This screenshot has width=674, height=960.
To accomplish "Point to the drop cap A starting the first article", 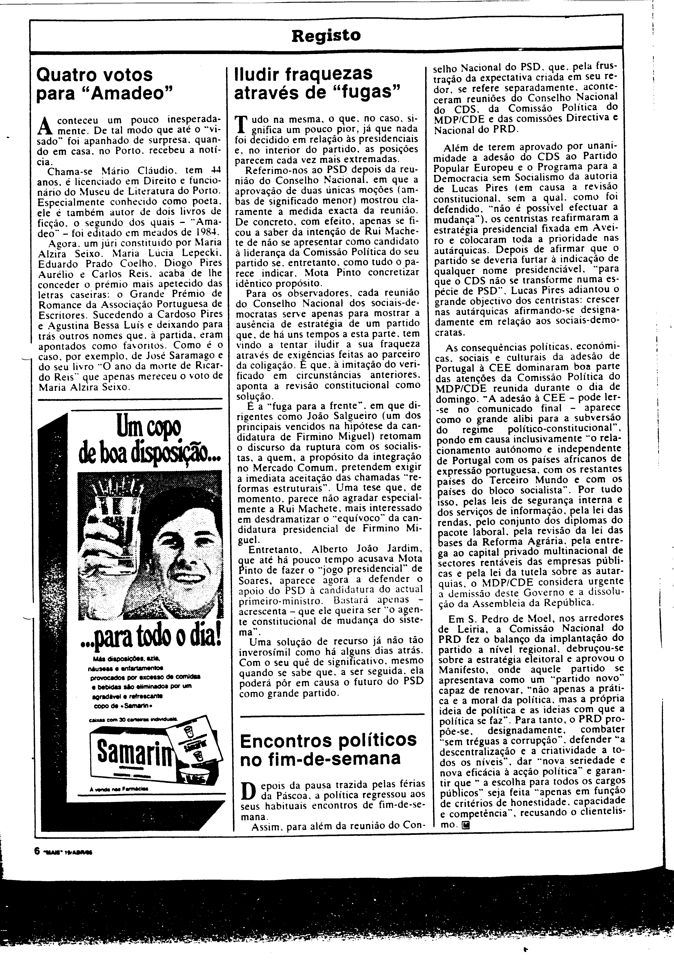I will tap(44, 124).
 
